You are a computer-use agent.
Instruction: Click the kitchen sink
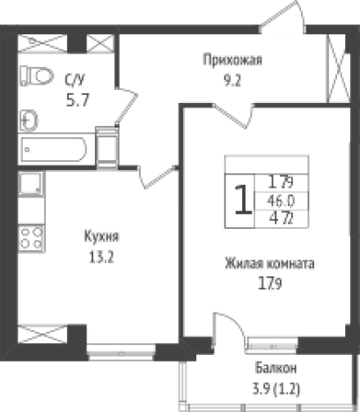click(x=32, y=184)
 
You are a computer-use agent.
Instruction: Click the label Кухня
click(x=101, y=237)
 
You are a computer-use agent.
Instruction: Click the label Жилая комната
click(x=269, y=263)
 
